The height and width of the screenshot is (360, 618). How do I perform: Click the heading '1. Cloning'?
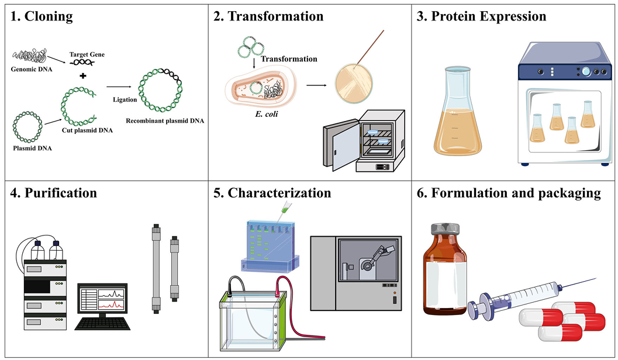coord(42,16)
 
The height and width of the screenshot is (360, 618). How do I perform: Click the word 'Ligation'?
coord(125,99)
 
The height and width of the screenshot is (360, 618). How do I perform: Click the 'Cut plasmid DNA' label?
coord(87,130)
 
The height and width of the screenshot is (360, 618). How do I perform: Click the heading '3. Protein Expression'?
coord(481,16)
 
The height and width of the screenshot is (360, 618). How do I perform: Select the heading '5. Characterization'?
coord(272,192)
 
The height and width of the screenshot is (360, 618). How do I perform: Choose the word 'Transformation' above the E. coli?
coord(289,59)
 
